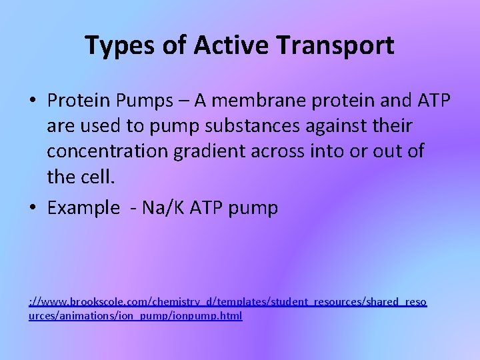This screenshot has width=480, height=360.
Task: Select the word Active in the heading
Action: (220, 45)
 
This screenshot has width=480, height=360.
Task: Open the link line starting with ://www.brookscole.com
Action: (227, 302)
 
